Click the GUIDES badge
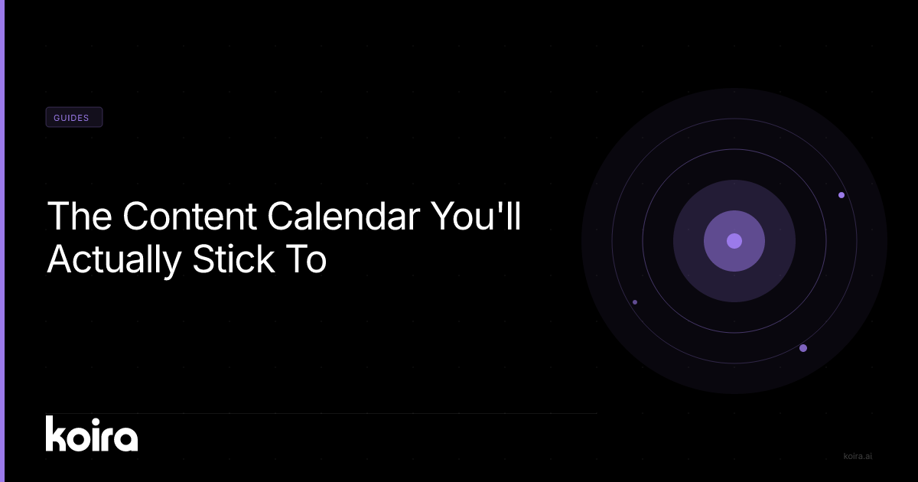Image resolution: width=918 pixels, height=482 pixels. (73, 117)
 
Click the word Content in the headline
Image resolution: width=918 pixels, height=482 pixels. (190, 216)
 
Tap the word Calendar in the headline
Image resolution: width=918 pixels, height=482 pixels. (343, 216)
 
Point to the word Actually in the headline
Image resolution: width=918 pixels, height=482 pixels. (114, 260)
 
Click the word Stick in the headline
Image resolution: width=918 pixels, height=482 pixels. (233, 259)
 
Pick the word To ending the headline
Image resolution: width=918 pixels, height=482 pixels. (305, 259)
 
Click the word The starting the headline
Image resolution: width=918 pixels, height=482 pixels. (80, 216)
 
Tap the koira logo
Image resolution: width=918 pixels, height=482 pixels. (92, 434)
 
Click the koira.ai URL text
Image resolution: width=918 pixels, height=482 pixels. (858, 456)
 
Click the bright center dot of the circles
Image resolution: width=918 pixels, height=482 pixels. (734, 241)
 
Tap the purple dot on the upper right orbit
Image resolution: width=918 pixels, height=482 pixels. (841, 195)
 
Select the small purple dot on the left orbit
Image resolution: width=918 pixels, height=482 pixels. (635, 302)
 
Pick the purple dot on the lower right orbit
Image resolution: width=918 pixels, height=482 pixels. (803, 348)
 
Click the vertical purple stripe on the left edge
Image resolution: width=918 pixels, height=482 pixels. (2, 241)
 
